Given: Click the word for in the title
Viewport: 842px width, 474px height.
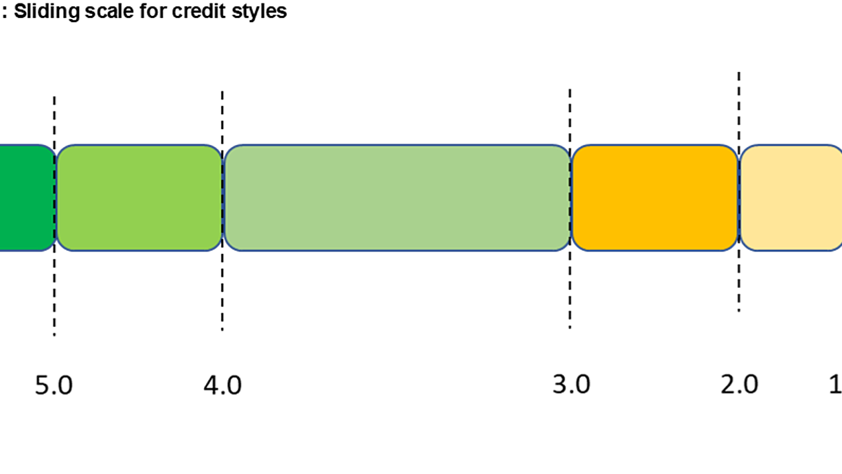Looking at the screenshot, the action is pos(153,11).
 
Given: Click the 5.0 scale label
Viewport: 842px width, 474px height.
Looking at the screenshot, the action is pos(54,385).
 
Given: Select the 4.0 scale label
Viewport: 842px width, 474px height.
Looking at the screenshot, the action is pos(223,385).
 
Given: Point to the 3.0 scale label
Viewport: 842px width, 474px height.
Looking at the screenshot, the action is pos(571,385).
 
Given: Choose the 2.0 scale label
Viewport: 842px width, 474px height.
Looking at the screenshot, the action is pos(740,385).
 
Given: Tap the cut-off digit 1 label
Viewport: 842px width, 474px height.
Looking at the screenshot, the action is pos(837,385).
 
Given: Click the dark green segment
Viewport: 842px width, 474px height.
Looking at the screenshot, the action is pos(27,198).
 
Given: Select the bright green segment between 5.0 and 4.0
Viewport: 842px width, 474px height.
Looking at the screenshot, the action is pos(139,198).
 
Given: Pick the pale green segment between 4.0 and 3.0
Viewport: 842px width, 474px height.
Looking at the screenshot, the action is pos(398,198).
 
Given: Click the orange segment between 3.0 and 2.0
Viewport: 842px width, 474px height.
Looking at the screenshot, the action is pos(655,198).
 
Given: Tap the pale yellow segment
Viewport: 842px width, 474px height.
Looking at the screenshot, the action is pos(791,198).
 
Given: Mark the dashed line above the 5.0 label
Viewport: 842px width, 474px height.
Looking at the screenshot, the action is pos(54,216).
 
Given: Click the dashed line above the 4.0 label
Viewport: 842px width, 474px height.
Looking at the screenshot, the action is pos(223,211).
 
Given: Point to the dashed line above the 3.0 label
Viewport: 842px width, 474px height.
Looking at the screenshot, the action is pos(570,209).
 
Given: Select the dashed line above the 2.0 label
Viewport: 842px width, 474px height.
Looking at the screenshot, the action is pos(739,192).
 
